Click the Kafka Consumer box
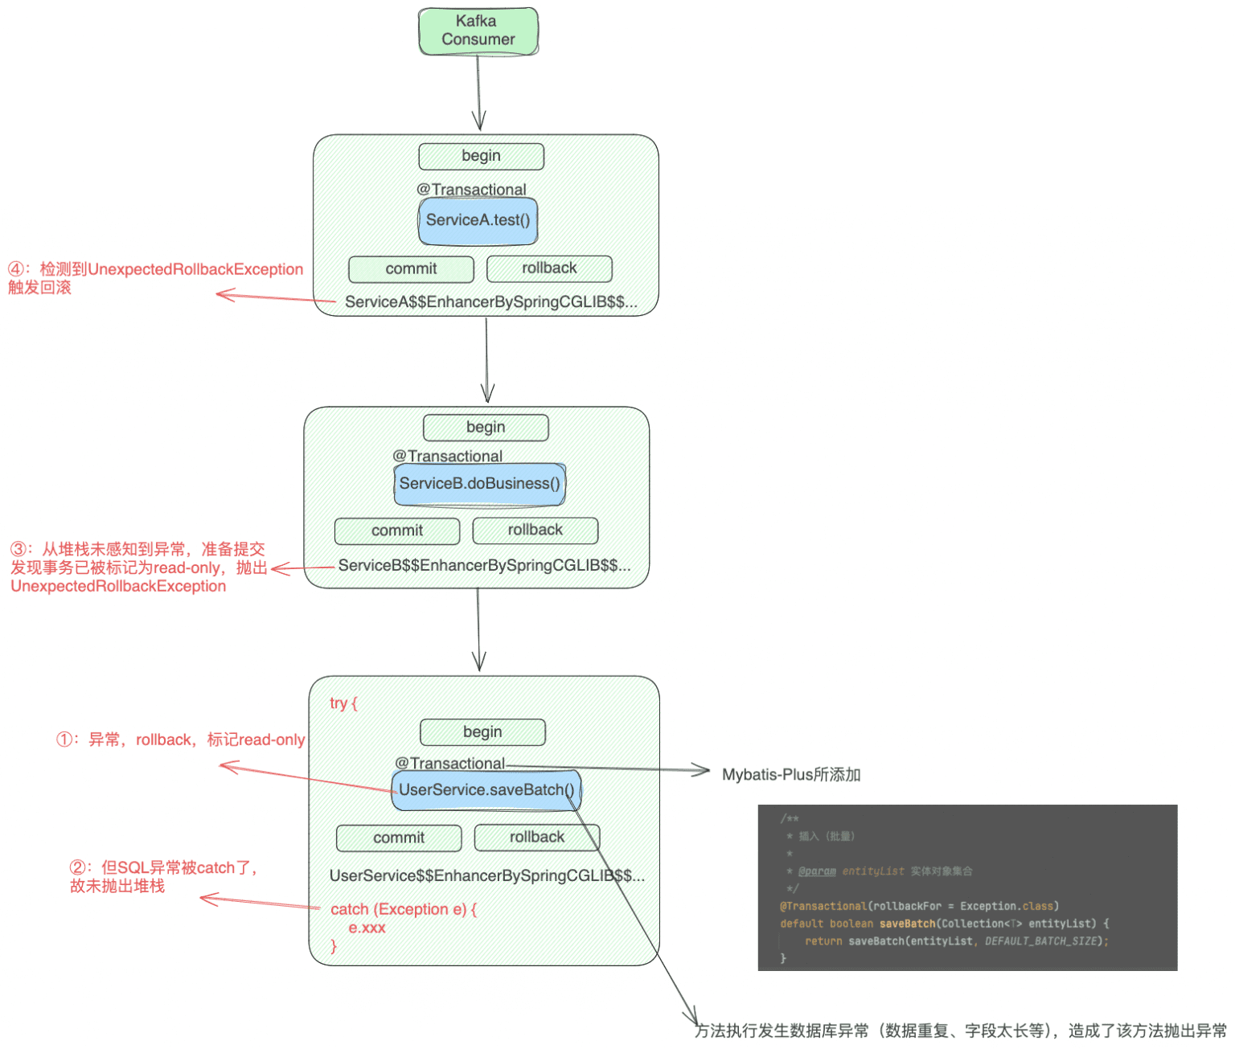click(x=478, y=31)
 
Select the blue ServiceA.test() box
click(x=478, y=220)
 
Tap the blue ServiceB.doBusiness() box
click(x=479, y=484)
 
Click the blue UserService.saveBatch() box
click(x=486, y=790)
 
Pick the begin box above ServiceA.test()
click(x=481, y=156)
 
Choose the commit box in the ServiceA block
click(x=411, y=269)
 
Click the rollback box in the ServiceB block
click(x=535, y=531)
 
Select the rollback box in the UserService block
click(x=536, y=838)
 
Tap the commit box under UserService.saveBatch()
click(x=399, y=838)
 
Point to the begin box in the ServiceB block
click(x=486, y=428)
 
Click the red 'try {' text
click(x=343, y=703)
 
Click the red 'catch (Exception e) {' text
click(x=404, y=909)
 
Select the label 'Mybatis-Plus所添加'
click(x=791, y=775)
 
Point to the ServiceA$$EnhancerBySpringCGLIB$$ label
click(x=490, y=302)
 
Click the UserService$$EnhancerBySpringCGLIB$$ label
click(x=486, y=876)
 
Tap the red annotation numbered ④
click(x=155, y=278)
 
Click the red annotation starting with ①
click(x=180, y=740)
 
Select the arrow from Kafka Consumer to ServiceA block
click(x=478, y=92)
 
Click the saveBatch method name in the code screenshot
click(x=907, y=924)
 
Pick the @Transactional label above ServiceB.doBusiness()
click(x=447, y=456)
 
